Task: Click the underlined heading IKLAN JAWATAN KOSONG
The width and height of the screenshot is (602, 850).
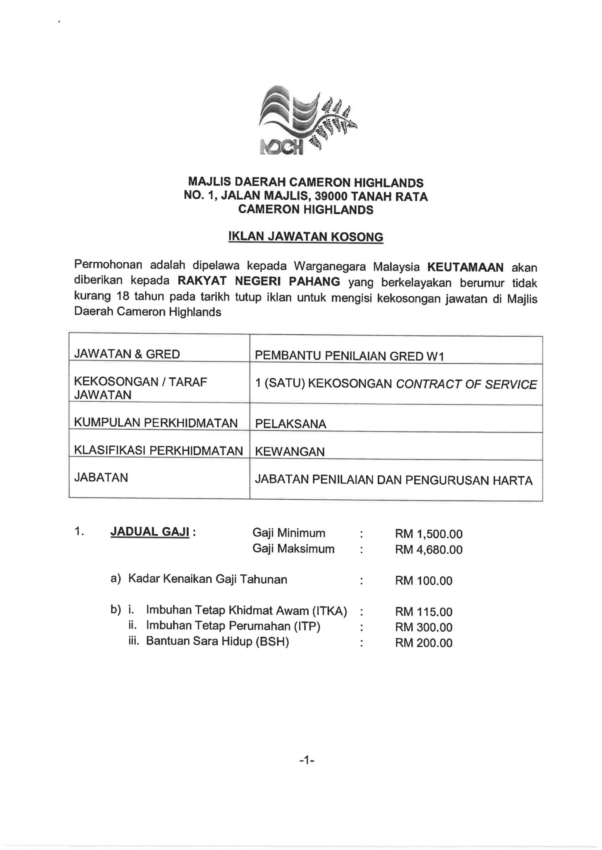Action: tap(306, 237)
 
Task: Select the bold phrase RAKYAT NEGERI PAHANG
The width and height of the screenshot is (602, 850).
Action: tap(259, 282)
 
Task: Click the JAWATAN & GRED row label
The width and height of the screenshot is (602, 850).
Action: tap(127, 354)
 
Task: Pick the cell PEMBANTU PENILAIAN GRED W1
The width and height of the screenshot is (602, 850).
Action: tap(349, 356)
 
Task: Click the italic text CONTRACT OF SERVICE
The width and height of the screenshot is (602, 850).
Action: tap(466, 384)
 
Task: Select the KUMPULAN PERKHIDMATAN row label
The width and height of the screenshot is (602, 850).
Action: tap(156, 423)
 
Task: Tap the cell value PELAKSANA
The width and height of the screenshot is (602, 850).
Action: tap(290, 424)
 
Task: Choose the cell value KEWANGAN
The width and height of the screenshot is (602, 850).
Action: tap(290, 452)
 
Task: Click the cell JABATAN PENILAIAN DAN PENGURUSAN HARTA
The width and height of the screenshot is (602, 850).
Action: tap(393, 480)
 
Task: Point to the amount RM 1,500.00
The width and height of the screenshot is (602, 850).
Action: tap(429, 534)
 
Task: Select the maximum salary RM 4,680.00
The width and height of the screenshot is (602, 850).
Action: tap(429, 550)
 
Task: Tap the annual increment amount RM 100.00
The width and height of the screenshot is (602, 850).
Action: tap(424, 581)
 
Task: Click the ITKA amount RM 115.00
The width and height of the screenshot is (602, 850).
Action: tap(424, 612)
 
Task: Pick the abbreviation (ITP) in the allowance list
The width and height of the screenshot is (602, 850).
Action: tap(307, 626)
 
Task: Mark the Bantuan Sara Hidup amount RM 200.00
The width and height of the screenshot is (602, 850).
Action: tap(424, 643)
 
